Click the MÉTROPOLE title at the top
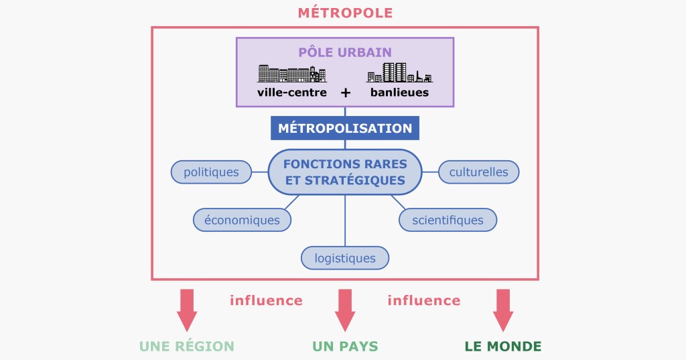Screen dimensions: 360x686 345,13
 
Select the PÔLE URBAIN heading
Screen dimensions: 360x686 345,52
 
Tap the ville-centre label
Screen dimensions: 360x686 292,93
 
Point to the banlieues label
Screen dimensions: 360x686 399,93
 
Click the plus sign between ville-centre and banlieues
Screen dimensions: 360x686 346,93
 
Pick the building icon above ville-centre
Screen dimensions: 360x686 292,73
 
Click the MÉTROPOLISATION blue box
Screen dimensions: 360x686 345,128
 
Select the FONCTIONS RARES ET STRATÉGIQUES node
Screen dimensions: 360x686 345,172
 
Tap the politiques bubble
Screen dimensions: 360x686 211,172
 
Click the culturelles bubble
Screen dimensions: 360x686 478,172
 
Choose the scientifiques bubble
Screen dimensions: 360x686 448,219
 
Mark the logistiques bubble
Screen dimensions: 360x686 345,257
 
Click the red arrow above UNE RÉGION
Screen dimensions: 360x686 187,309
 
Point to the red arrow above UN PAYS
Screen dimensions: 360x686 345,309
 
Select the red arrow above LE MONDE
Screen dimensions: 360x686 503,309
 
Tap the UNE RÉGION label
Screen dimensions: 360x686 187,347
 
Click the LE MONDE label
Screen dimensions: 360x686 503,347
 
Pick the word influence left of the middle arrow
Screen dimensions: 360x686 266,300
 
